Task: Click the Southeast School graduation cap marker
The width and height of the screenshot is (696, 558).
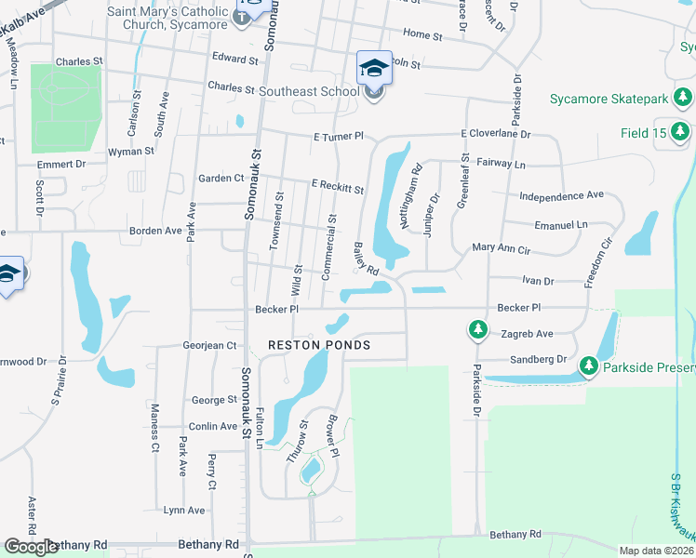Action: click(374, 68)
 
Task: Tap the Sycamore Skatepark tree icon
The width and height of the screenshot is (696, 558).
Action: click(684, 98)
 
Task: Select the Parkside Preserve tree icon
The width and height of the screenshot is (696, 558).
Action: click(588, 367)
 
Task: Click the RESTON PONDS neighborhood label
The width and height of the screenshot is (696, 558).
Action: click(319, 345)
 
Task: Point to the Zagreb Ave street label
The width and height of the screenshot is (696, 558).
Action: click(526, 334)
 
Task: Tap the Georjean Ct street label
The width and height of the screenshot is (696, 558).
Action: click(210, 345)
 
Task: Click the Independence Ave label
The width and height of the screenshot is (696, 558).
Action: click(561, 196)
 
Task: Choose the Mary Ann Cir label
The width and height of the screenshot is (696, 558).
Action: click(501, 249)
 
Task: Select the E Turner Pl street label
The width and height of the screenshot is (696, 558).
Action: click(338, 137)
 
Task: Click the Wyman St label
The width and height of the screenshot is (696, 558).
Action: click(131, 151)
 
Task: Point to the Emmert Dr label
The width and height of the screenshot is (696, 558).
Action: click(61, 164)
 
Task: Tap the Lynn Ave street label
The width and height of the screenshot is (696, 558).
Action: click(184, 510)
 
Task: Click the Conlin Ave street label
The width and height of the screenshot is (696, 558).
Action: click(214, 427)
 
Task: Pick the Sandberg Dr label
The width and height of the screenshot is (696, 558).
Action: click(538, 359)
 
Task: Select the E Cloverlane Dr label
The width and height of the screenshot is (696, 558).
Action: click(495, 134)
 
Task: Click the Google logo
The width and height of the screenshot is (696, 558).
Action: click(32, 547)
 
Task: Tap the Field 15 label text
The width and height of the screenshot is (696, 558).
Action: click(644, 133)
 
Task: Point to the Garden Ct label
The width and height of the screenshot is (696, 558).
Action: click(221, 178)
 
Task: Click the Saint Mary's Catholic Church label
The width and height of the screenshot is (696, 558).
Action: click(167, 17)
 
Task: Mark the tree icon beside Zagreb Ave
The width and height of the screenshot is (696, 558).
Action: click(477, 330)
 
